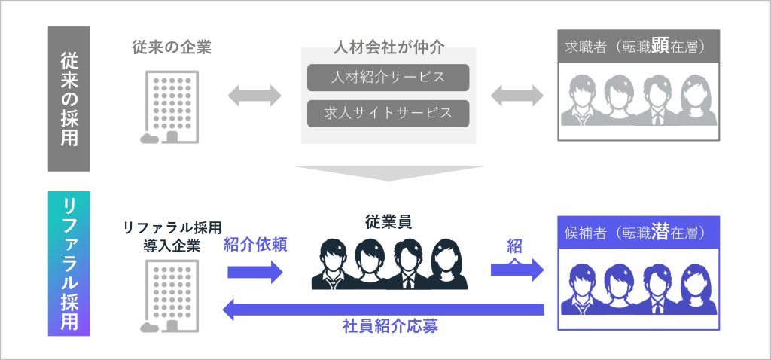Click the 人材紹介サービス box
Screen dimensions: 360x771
(388, 78)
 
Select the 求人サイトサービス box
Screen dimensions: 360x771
(388, 113)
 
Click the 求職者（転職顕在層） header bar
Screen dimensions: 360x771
(638, 46)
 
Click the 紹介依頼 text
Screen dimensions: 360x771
(255, 246)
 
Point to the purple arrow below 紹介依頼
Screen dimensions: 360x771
(254, 272)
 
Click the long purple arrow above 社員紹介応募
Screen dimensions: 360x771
(384, 308)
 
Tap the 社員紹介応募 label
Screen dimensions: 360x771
(389, 328)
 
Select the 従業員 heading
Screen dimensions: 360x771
(389, 222)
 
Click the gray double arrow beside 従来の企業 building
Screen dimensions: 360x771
(254, 96)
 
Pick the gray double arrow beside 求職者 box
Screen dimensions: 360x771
(517, 96)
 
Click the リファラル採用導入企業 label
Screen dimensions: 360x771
(172, 233)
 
